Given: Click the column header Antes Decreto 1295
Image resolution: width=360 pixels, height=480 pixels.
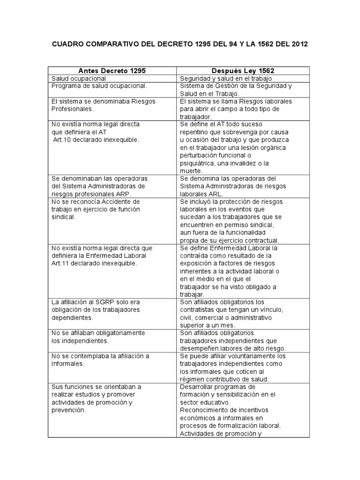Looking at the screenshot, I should tap(112, 70).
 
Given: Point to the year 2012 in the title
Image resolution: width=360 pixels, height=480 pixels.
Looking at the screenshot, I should tap(299, 45).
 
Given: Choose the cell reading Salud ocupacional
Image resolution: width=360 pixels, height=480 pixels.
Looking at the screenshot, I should tap(79, 79).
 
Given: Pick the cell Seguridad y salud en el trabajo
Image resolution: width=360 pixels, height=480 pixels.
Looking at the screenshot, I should tap(226, 79).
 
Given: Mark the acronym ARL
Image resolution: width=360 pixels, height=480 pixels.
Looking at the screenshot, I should tap(215, 194).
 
